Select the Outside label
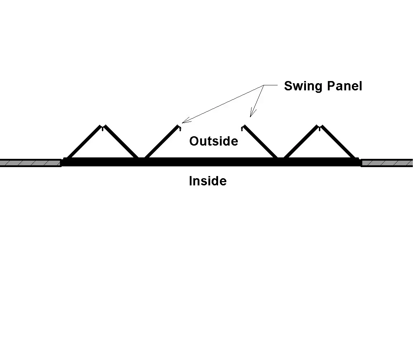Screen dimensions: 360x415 (x=213, y=141)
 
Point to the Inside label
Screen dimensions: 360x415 (x=208, y=181)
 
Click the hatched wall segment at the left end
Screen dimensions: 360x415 (x=30, y=163)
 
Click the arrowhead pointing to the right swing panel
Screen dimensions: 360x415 (x=252, y=114)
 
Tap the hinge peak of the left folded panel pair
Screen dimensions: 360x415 (x=103, y=127)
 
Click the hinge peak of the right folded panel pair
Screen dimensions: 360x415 (x=319, y=127)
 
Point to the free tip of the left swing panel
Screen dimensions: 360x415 (x=178, y=126)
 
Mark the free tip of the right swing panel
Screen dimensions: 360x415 (x=244, y=127)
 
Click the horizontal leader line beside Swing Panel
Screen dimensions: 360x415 (x=271, y=85)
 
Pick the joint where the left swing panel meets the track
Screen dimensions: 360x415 (x=145, y=157)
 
